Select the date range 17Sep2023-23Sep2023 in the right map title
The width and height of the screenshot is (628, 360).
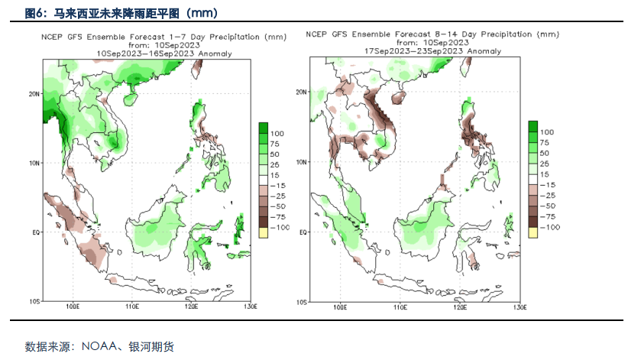(x=432, y=50)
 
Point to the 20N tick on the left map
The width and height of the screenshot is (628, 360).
(x=34, y=94)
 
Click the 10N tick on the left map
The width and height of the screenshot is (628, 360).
(x=34, y=163)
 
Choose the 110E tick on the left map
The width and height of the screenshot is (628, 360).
(x=131, y=306)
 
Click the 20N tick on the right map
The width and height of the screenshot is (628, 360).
(x=301, y=92)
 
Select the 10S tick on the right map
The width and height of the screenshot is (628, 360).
(x=301, y=300)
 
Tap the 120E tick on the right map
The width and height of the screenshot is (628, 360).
(x=460, y=306)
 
